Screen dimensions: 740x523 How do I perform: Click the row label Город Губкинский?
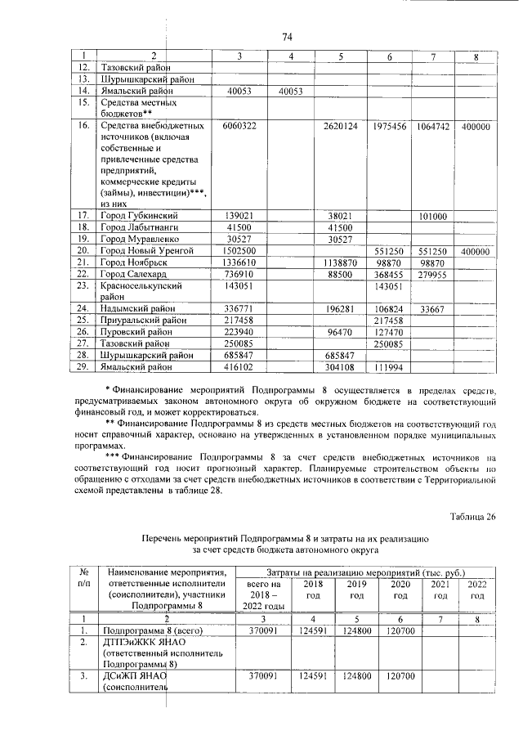(x=141, y=215)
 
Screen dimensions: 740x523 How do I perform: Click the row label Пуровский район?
(x=139, y=333)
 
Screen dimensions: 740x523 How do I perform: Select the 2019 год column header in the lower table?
(x=355, y=590)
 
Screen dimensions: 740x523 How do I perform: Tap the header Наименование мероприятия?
(x=155, y=579)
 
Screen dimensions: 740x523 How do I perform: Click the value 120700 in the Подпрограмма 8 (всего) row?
(x=401, y=631)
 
